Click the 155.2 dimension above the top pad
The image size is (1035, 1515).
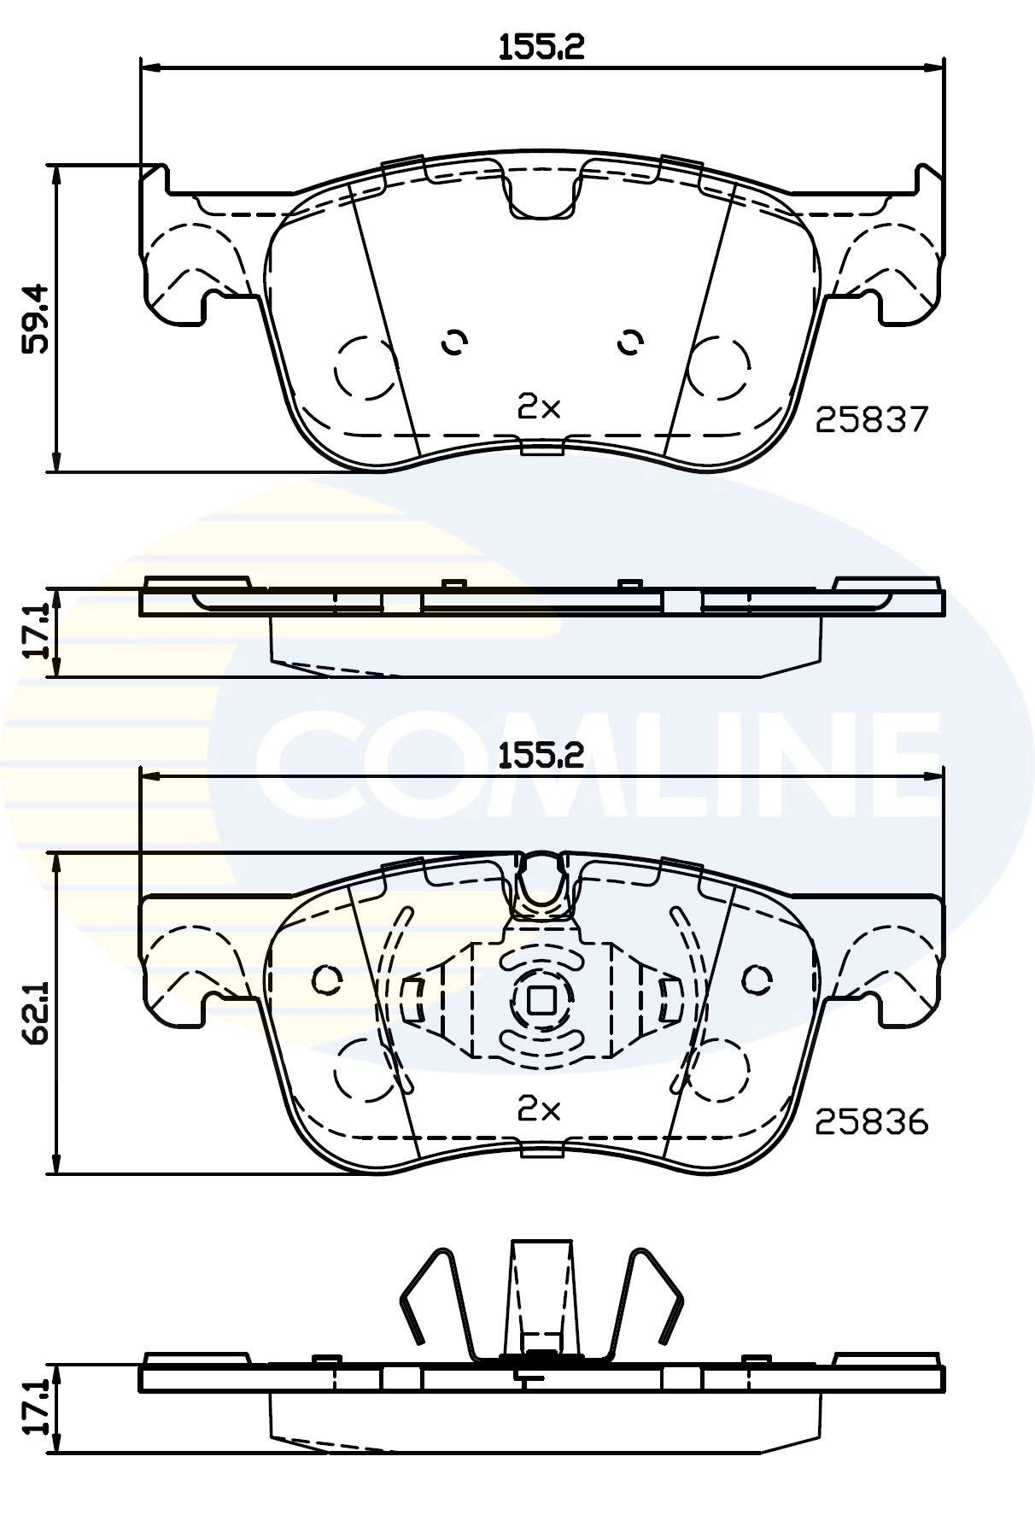(x=541, y=46)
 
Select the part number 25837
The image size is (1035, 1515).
(x=870, y=419)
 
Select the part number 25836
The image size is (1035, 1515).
(x=870, y=1121)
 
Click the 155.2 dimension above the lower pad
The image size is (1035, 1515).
(x=541, y=755)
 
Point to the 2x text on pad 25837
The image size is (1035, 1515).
(x=539, y=408)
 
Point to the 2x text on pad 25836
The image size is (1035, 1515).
(x=539, y=1109)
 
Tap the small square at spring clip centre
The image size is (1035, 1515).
(x=540, y=1000)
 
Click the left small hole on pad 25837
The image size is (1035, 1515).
(x=454, y=342)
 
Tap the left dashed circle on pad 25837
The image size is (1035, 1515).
(x=365, y=367)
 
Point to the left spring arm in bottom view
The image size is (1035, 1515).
(x=436, y=1298)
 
